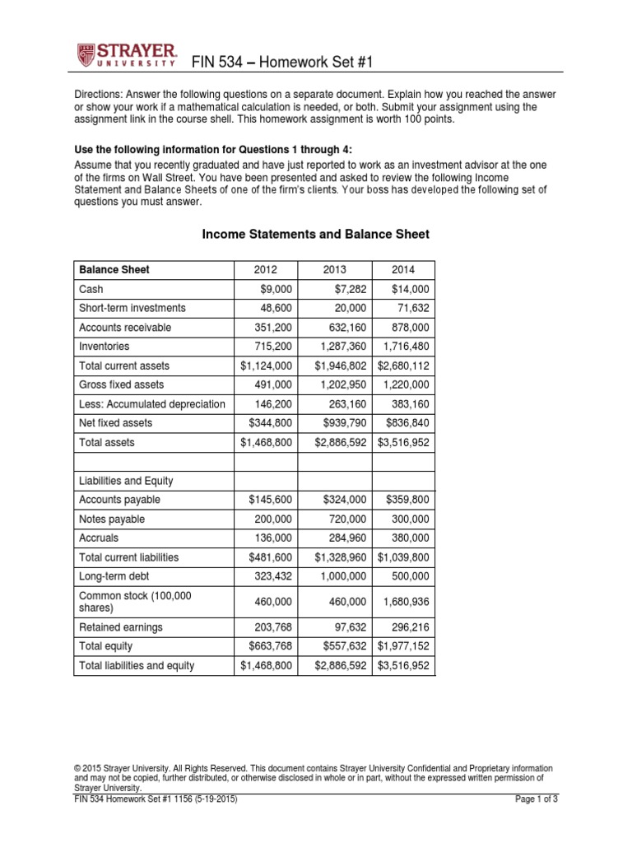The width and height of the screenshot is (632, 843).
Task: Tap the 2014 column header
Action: [403, 269]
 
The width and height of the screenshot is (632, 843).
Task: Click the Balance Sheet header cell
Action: [114, 269]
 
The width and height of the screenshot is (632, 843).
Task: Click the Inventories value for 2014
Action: [405, 347]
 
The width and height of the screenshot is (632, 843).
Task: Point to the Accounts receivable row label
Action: [125, 327]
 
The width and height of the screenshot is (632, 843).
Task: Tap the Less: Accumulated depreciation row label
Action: [151, 403]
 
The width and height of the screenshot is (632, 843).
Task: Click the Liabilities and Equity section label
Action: [126, 481]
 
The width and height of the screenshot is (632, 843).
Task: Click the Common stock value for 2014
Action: [407, 602]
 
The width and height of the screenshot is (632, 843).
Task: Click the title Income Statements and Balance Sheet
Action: [316, 235]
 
